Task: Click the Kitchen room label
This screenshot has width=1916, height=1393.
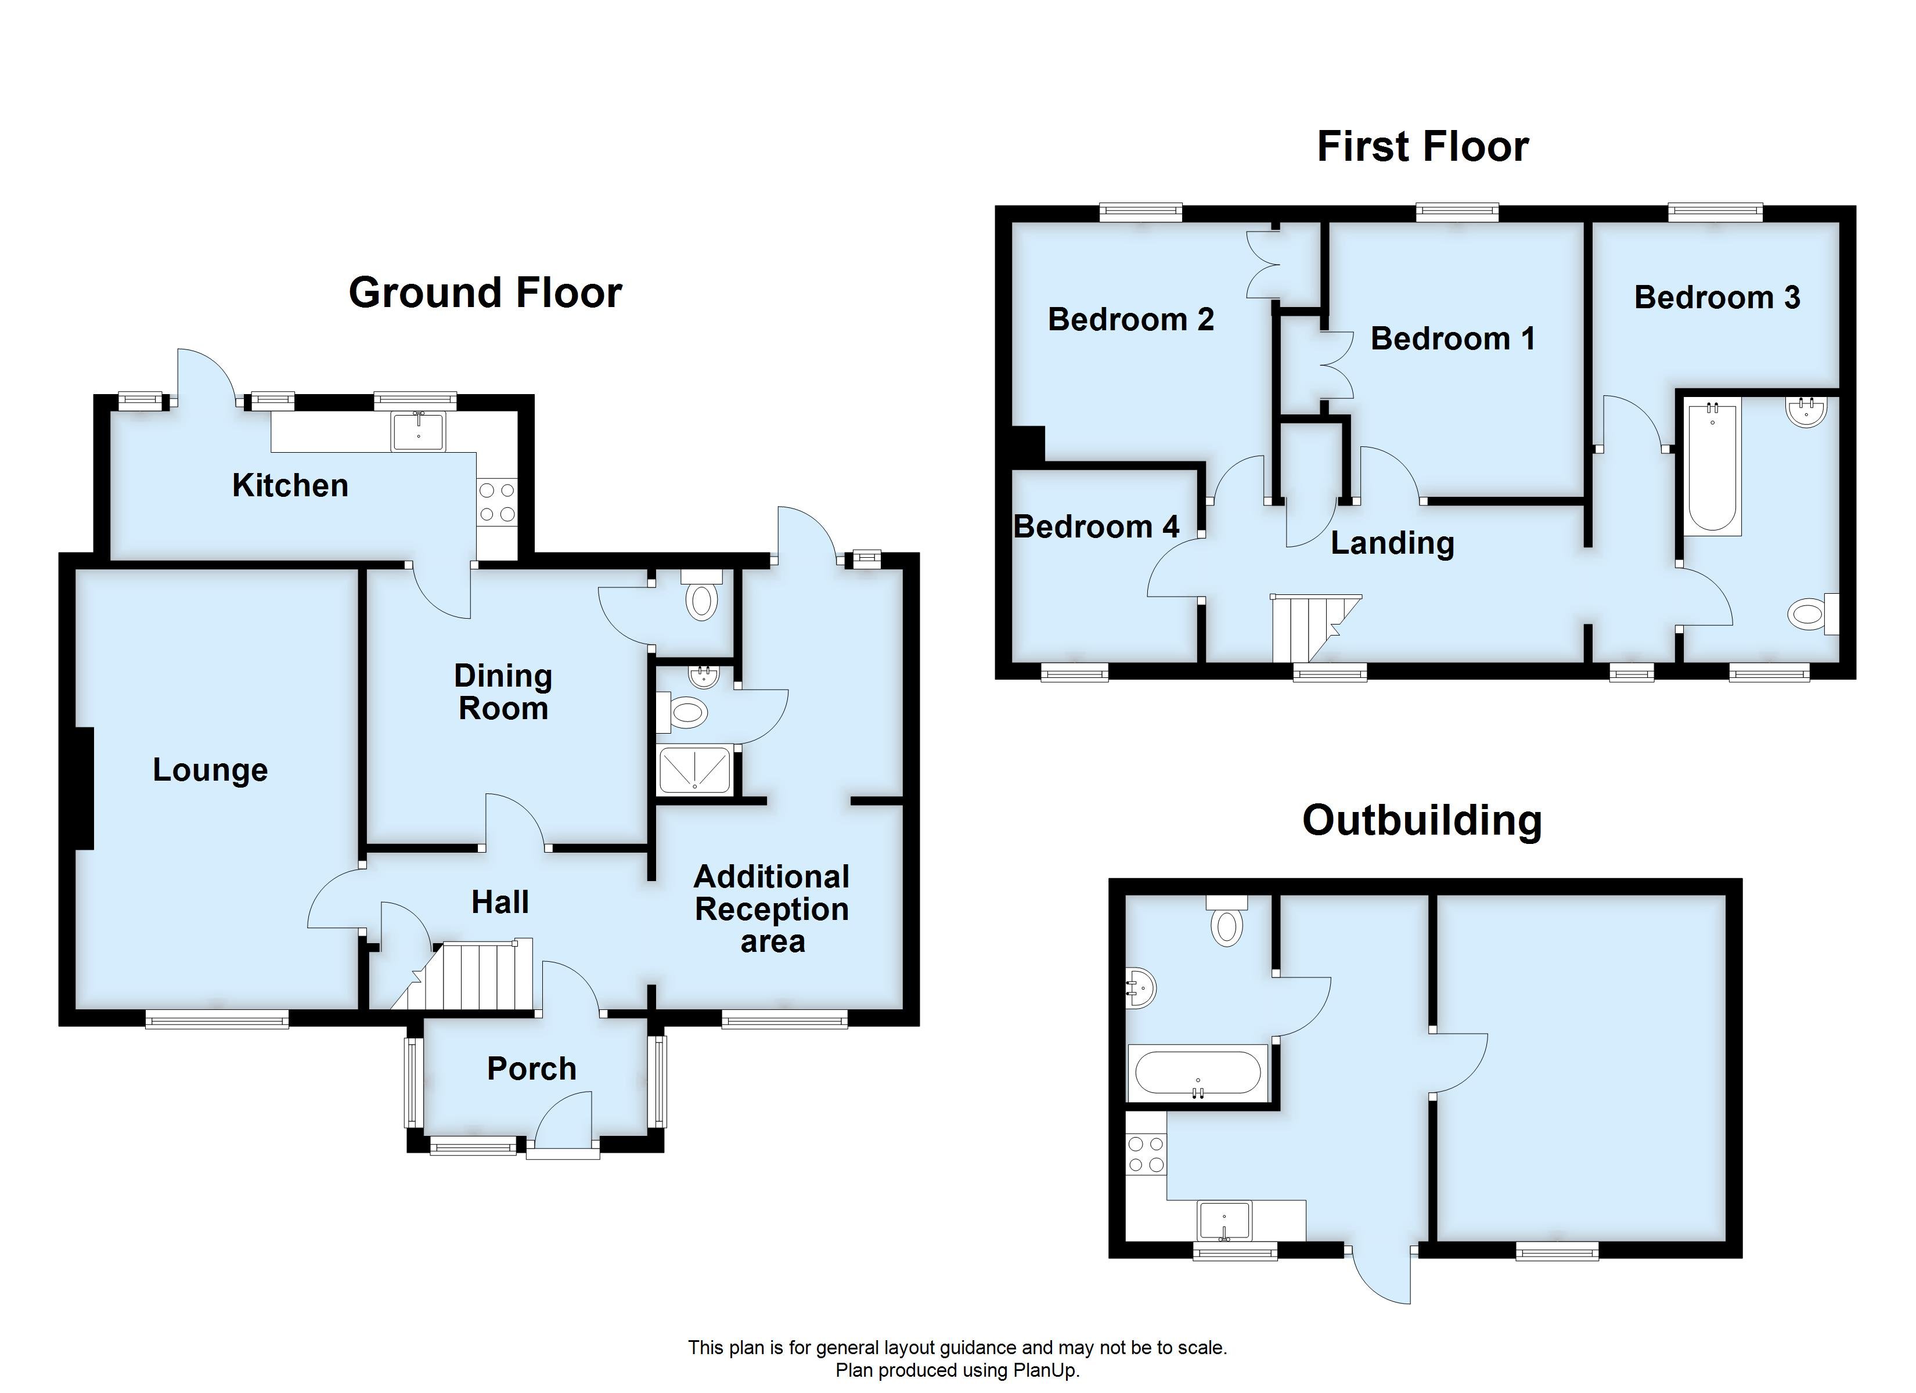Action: (x=290, y=486)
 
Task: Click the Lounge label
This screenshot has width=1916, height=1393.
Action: (x=210, y=770)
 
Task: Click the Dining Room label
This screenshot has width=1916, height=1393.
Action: (x=503, y=692)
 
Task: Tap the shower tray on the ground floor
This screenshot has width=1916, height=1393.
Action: (x=694, y=770)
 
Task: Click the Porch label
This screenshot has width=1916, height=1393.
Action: (x=531, y=1069)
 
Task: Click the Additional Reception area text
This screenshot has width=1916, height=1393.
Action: (x=771, y=909)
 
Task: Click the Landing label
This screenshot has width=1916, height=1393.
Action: (x=1392, y=543)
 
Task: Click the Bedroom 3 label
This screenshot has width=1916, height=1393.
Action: (x=1717, y=297)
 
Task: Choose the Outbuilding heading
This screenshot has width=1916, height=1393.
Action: (x=1422, y=820)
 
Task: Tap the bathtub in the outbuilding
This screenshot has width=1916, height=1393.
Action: (x=1197, y=1073)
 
